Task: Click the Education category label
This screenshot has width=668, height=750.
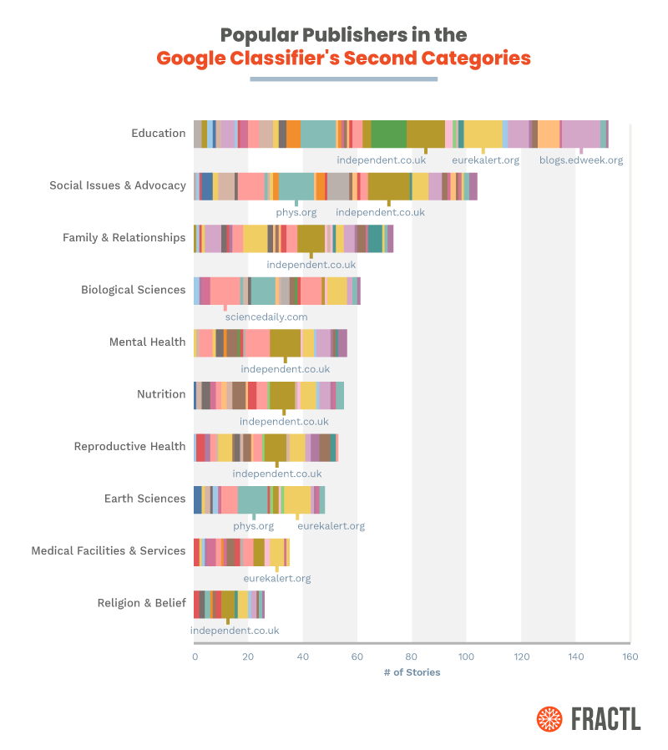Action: pyautogui.click(x=158, y=133)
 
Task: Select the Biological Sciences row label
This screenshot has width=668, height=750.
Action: pyautogui.click(x=133, y=290)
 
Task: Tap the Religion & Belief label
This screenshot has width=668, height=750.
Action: pyautogui.click(x=141, y=603)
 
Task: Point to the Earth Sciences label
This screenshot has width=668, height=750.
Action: pyautogui.click(x=144, y=499)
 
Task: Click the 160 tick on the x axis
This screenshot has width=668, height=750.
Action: pyautogui.click(x=630, y=656)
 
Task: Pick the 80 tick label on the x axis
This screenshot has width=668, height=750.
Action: pyautogui.click(x=412, y=656)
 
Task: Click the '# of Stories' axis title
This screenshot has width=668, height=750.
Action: pyautogui.click(x=412, y=672)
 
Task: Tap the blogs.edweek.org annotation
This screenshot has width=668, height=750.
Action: pyautogui.click(x=580, y=160)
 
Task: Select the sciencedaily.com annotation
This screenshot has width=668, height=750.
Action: pyautogui.click(x=266, y=317)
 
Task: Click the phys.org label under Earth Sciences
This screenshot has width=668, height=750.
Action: pyautogui.click(x=253, y=526)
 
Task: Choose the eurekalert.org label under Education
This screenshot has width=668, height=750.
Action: pyautogui.click(x=485, y=160)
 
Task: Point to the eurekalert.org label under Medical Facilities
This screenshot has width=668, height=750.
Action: pyautogui.click(x=277, y=578)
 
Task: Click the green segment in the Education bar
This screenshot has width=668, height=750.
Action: pyautogui.click(x=388, y=134)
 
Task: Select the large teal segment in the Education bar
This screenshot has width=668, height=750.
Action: pyautogui.click(x=318, y=134)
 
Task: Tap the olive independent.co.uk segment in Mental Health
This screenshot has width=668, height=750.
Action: pyautogui.click(x=285, y=342)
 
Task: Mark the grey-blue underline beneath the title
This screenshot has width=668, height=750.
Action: pyautogui.click(x=343, y=79)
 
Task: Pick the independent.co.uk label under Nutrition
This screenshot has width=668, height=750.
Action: pyautogui.click(x=284, y=422)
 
